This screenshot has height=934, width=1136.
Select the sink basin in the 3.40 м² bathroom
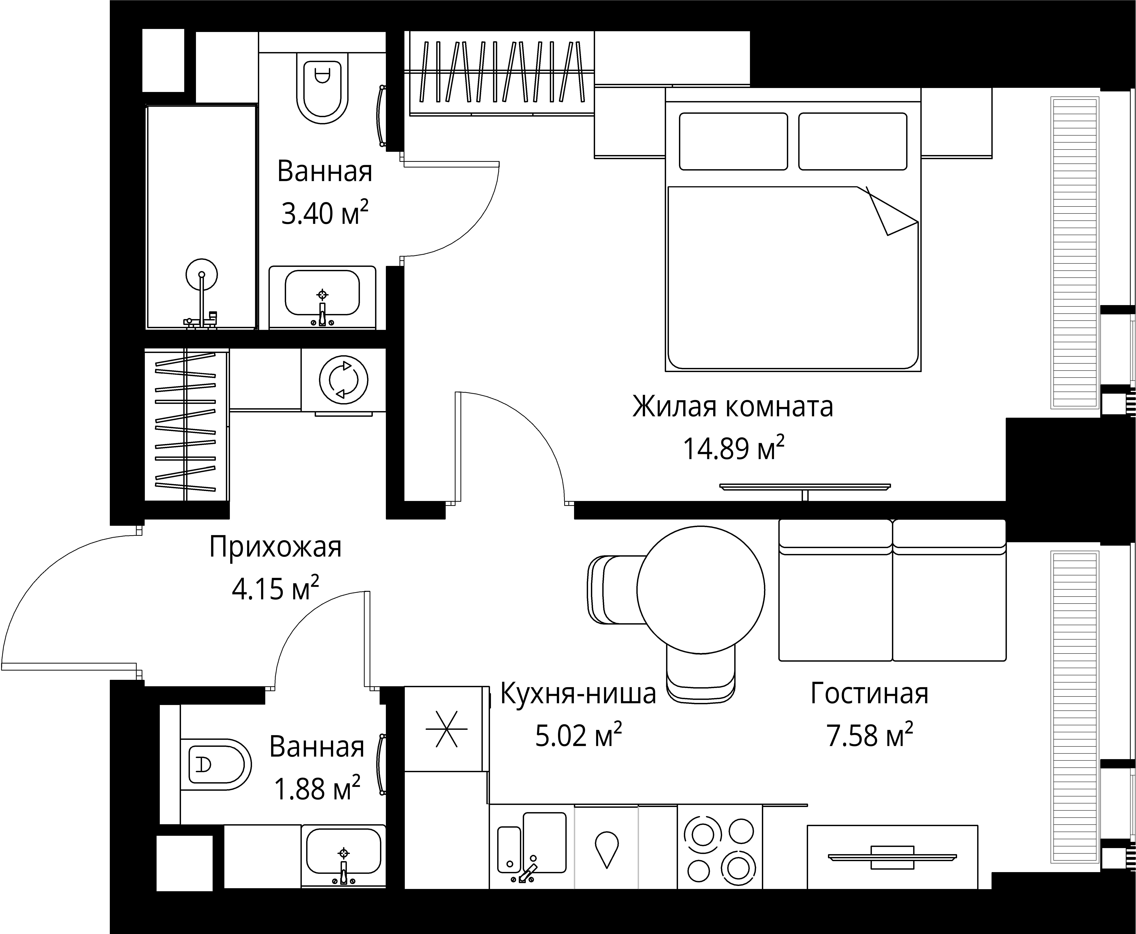pyautogui.click(x=322, y=292)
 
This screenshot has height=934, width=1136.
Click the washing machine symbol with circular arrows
pyautogui.click(x=343, y=380)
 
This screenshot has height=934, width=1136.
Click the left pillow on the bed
pyautogui.click(x=733, y=141)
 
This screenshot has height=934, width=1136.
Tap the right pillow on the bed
pyautogui.click(x=852, y=141)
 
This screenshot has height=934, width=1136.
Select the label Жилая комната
pyautogui.click(x=733, y=407)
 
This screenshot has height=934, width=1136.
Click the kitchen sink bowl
pyautogui.click(x=545, y=843)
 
